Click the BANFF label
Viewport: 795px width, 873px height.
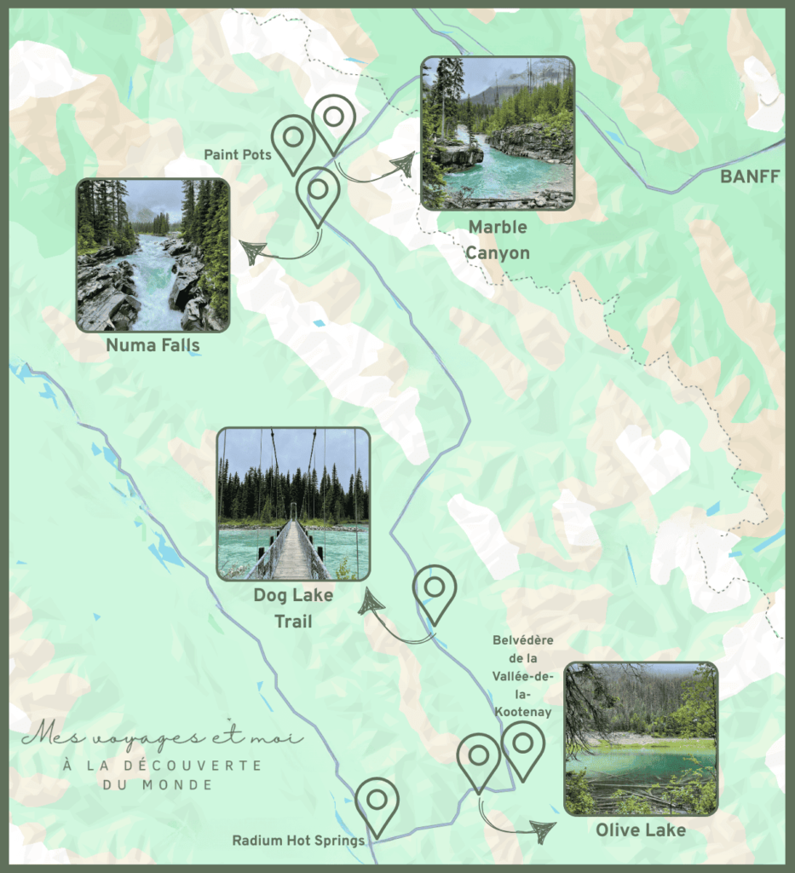point(750,177)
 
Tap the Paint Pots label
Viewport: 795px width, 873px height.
point(238,155)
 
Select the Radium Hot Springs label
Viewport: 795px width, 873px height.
point(298,841)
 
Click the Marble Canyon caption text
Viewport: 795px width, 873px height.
point(498,240)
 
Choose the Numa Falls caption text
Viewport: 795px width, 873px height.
point(153,345)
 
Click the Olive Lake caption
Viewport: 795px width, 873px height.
point(640,830)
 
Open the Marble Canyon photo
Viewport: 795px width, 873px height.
point(498,133)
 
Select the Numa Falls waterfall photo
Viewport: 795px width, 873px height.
point(153,255)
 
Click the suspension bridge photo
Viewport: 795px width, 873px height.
point(293,504)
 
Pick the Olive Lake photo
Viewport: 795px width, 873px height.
point(641,738)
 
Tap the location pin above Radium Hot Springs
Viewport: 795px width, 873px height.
point(377,803)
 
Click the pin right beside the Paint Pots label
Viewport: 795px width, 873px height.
point(294,142)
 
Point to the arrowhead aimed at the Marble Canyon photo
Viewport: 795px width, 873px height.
point(402,165)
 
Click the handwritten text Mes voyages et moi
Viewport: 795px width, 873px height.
point(162,736)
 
